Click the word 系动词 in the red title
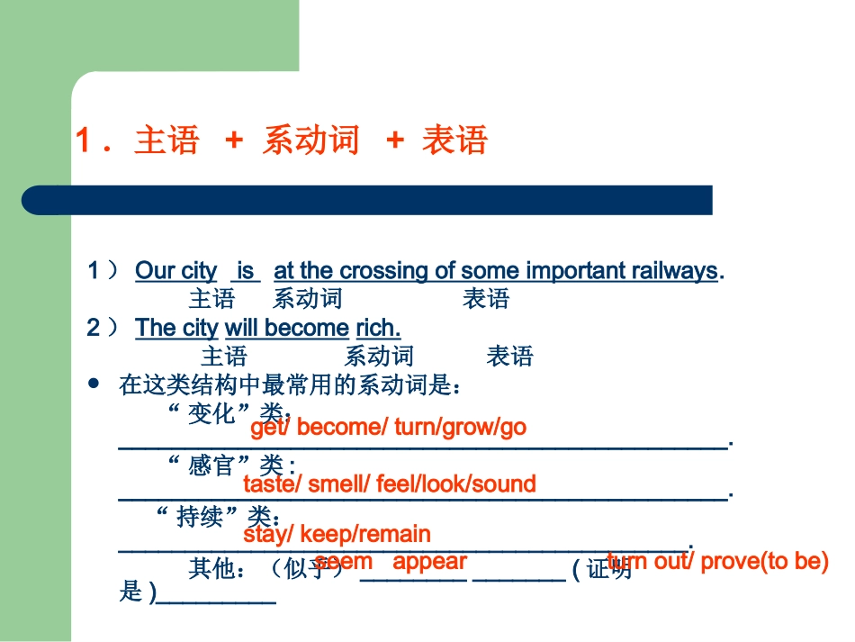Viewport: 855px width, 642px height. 310,140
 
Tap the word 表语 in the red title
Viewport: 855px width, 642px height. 454,140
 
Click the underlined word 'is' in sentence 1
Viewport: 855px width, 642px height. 246,270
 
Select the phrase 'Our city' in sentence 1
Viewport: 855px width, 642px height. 175,270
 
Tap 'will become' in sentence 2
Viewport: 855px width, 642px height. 286,328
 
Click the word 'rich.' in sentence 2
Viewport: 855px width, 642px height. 379,328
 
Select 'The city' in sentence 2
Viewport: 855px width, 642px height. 176,328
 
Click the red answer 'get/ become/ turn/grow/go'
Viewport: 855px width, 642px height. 388,428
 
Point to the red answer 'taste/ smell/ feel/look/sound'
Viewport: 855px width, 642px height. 390,484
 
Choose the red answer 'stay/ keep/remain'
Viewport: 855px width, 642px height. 337,534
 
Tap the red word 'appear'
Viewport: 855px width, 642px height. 430,562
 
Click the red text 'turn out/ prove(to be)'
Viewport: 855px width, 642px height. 717,562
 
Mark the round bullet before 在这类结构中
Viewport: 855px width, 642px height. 94,384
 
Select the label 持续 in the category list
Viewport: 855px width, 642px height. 200,517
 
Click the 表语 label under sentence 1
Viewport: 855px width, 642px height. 486,299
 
